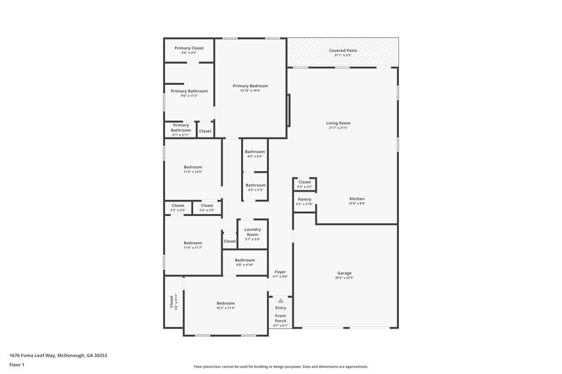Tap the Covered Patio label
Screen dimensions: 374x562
(343, 51)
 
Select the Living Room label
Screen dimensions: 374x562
(339, 123)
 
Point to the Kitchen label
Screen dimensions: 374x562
(357, 199)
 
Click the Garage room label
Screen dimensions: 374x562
(344, 273)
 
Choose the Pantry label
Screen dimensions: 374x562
(304, 199)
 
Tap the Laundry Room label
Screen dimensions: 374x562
(252, 232)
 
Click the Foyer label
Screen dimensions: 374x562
(280, 272)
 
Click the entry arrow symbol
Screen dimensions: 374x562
(280, 300)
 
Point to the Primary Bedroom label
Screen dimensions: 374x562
(251, 86)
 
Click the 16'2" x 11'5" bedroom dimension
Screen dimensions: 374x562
(226, 308)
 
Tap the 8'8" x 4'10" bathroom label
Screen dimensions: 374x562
(244, 264)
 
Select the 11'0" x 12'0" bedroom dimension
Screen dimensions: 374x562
(193, 171)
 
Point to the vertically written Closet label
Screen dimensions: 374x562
(171, 302)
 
